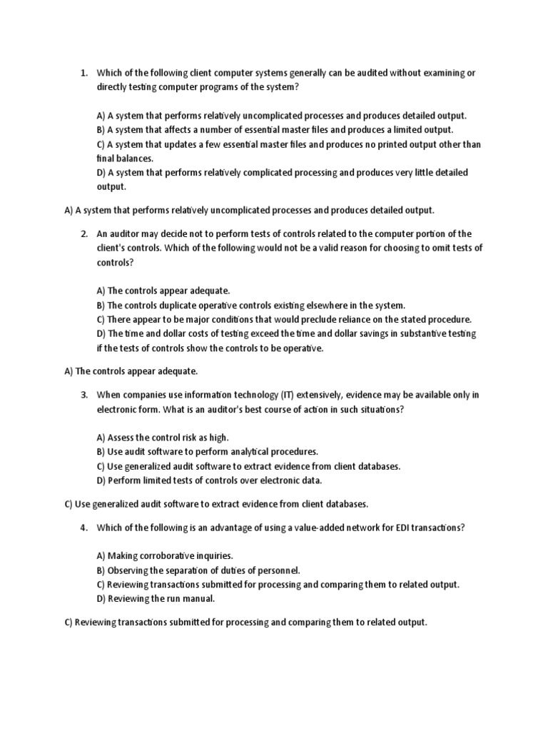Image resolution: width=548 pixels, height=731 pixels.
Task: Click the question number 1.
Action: click(x=83, y=73)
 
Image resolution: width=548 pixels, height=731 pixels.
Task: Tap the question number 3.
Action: click(x=83, y=395)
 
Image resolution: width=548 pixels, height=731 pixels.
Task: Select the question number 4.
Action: click(x=83, y=528)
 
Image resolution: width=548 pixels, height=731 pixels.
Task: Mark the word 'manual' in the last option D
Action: click(x=198, y=599)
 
